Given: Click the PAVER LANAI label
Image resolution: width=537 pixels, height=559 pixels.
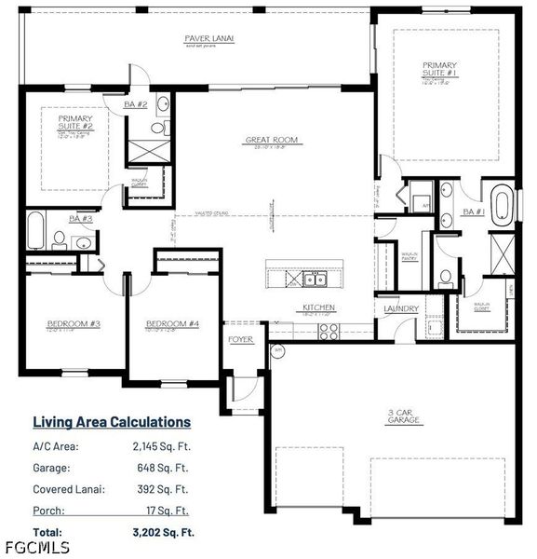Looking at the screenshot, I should tap(209, 38).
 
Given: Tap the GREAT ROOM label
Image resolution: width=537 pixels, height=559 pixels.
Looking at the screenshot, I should tap(271, 141).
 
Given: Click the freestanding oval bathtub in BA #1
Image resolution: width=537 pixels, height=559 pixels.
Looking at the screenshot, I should tap(503, 208).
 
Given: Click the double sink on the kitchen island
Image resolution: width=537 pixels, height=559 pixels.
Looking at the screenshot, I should tap(313, 279).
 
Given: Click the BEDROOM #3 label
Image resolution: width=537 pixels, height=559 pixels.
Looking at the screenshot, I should tap(74, 324).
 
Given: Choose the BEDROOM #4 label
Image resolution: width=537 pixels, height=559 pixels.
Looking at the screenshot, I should tap(172, 324).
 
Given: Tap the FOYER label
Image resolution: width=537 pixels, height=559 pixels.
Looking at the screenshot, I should tap(240, 339).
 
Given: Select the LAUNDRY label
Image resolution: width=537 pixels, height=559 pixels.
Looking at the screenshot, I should tap(401, 308).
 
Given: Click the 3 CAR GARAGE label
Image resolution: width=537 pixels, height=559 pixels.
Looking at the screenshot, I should tap(404, 416).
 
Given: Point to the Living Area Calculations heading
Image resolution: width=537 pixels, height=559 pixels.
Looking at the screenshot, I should tap(112, 422).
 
